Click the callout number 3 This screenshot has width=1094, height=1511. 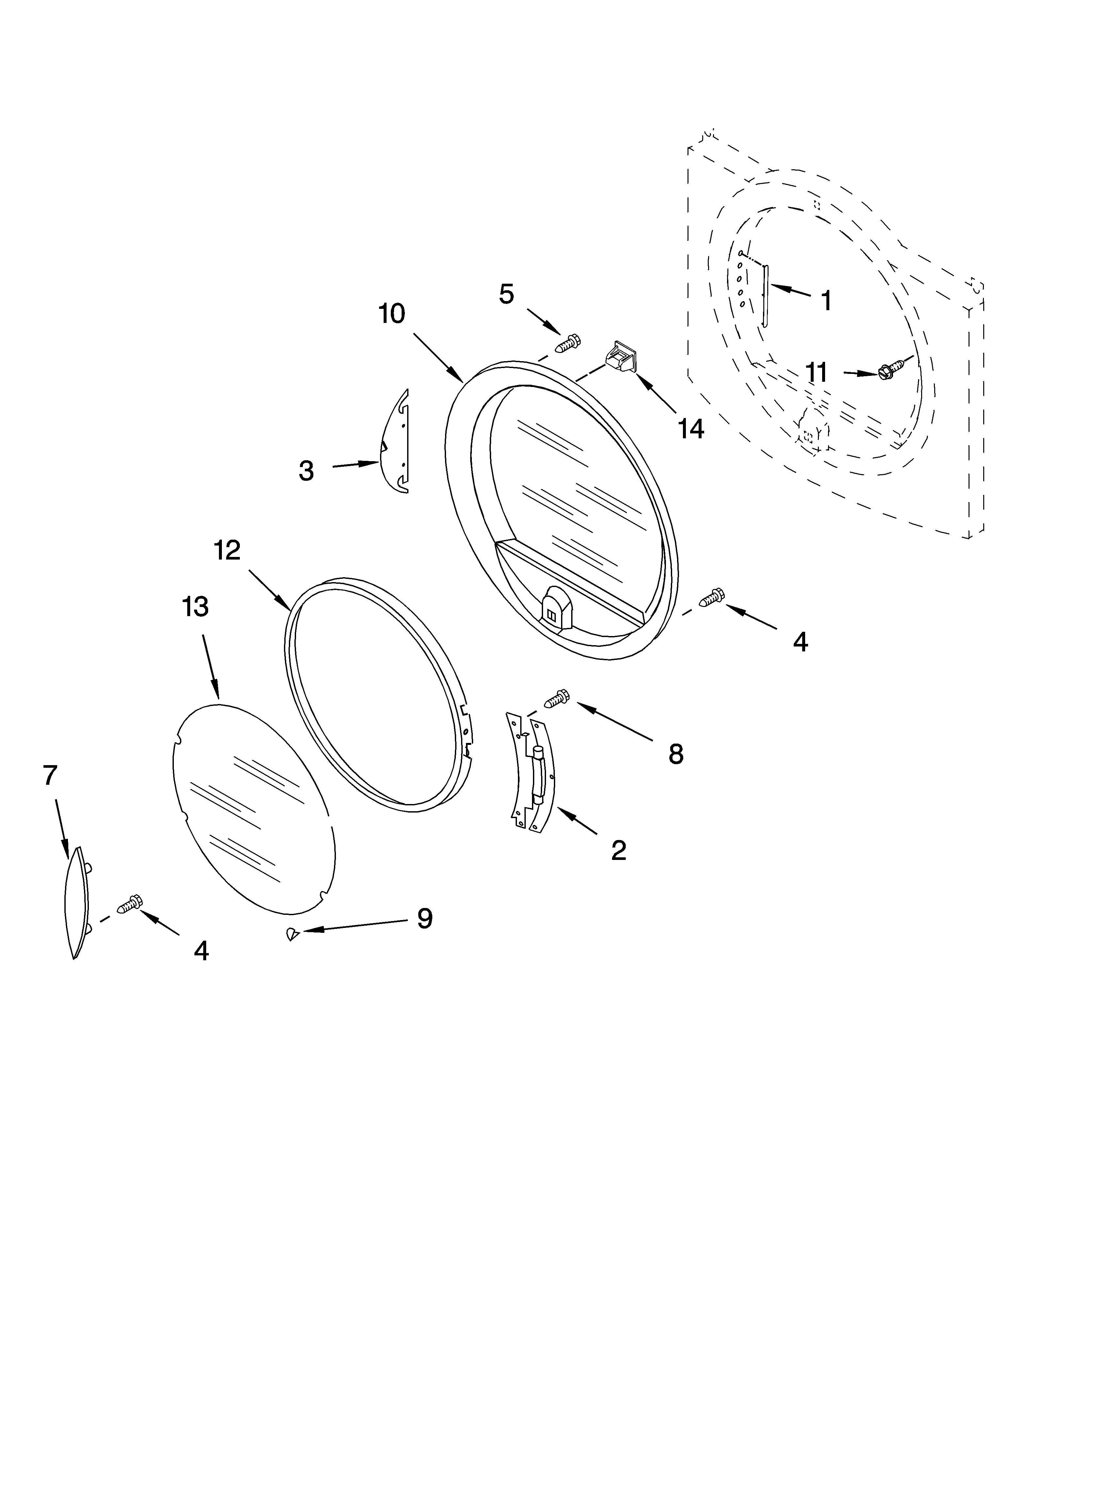click(306, 471)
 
